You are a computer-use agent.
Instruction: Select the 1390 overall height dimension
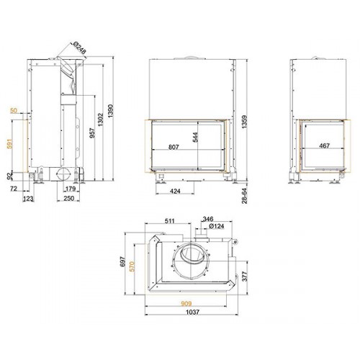pos(110,111)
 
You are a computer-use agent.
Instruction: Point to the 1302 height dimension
pos(100,120)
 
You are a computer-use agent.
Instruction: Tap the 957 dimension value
pos(92,133)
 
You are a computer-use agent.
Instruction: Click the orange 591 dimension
pos(9,143)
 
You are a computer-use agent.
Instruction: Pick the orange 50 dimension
pos(14,110)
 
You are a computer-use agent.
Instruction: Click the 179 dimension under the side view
pos(71,189)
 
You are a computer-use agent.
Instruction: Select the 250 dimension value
pos(68,199)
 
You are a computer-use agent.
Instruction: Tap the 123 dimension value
pos(28,199)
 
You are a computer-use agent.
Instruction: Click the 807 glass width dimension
pos(174,147)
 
